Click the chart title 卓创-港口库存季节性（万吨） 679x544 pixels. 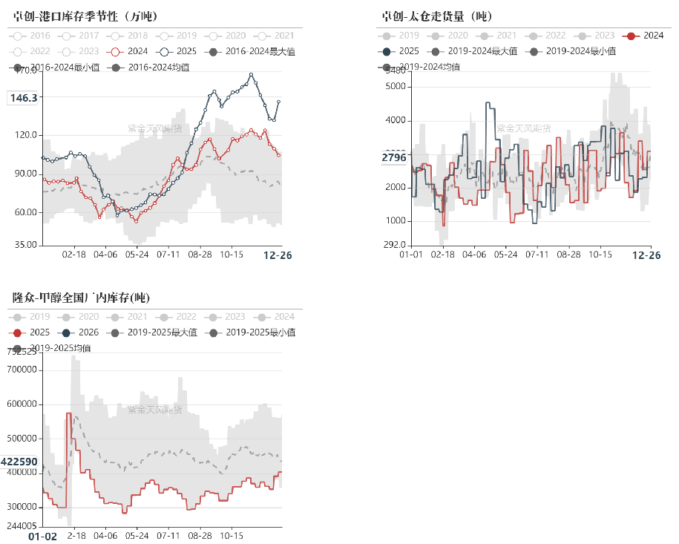90,16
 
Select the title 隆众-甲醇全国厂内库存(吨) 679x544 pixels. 82,298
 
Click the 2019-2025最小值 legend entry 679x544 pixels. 252,332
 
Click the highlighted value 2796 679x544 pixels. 394,157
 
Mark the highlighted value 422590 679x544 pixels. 19,462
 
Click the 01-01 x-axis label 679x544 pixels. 412,255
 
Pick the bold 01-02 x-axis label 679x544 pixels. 42,536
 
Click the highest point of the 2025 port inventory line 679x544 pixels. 252,74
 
